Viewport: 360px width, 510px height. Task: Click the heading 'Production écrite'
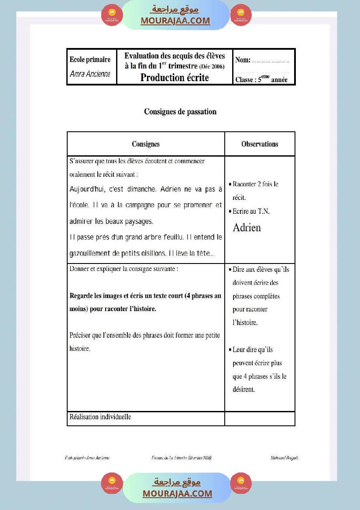175,78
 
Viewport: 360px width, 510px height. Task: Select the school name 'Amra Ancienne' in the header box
90,74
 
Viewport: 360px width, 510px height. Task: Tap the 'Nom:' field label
243,60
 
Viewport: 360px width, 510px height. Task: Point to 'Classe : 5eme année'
261,79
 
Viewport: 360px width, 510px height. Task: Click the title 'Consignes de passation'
180,112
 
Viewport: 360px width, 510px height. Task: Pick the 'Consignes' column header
146,144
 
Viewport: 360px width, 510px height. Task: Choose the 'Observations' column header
260,144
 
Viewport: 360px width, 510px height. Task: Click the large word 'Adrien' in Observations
247,227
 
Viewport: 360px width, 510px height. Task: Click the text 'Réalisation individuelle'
100,417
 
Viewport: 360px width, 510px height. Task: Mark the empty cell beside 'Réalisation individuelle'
260,418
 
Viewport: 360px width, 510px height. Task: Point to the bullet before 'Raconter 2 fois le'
230,185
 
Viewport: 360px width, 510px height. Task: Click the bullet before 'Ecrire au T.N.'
230,212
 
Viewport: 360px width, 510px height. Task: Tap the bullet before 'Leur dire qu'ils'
230,350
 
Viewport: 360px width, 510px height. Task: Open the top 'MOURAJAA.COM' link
175,21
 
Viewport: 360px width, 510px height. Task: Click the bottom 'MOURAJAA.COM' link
177,493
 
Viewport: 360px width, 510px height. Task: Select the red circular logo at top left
112,15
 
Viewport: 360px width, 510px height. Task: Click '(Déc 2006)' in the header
212,67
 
